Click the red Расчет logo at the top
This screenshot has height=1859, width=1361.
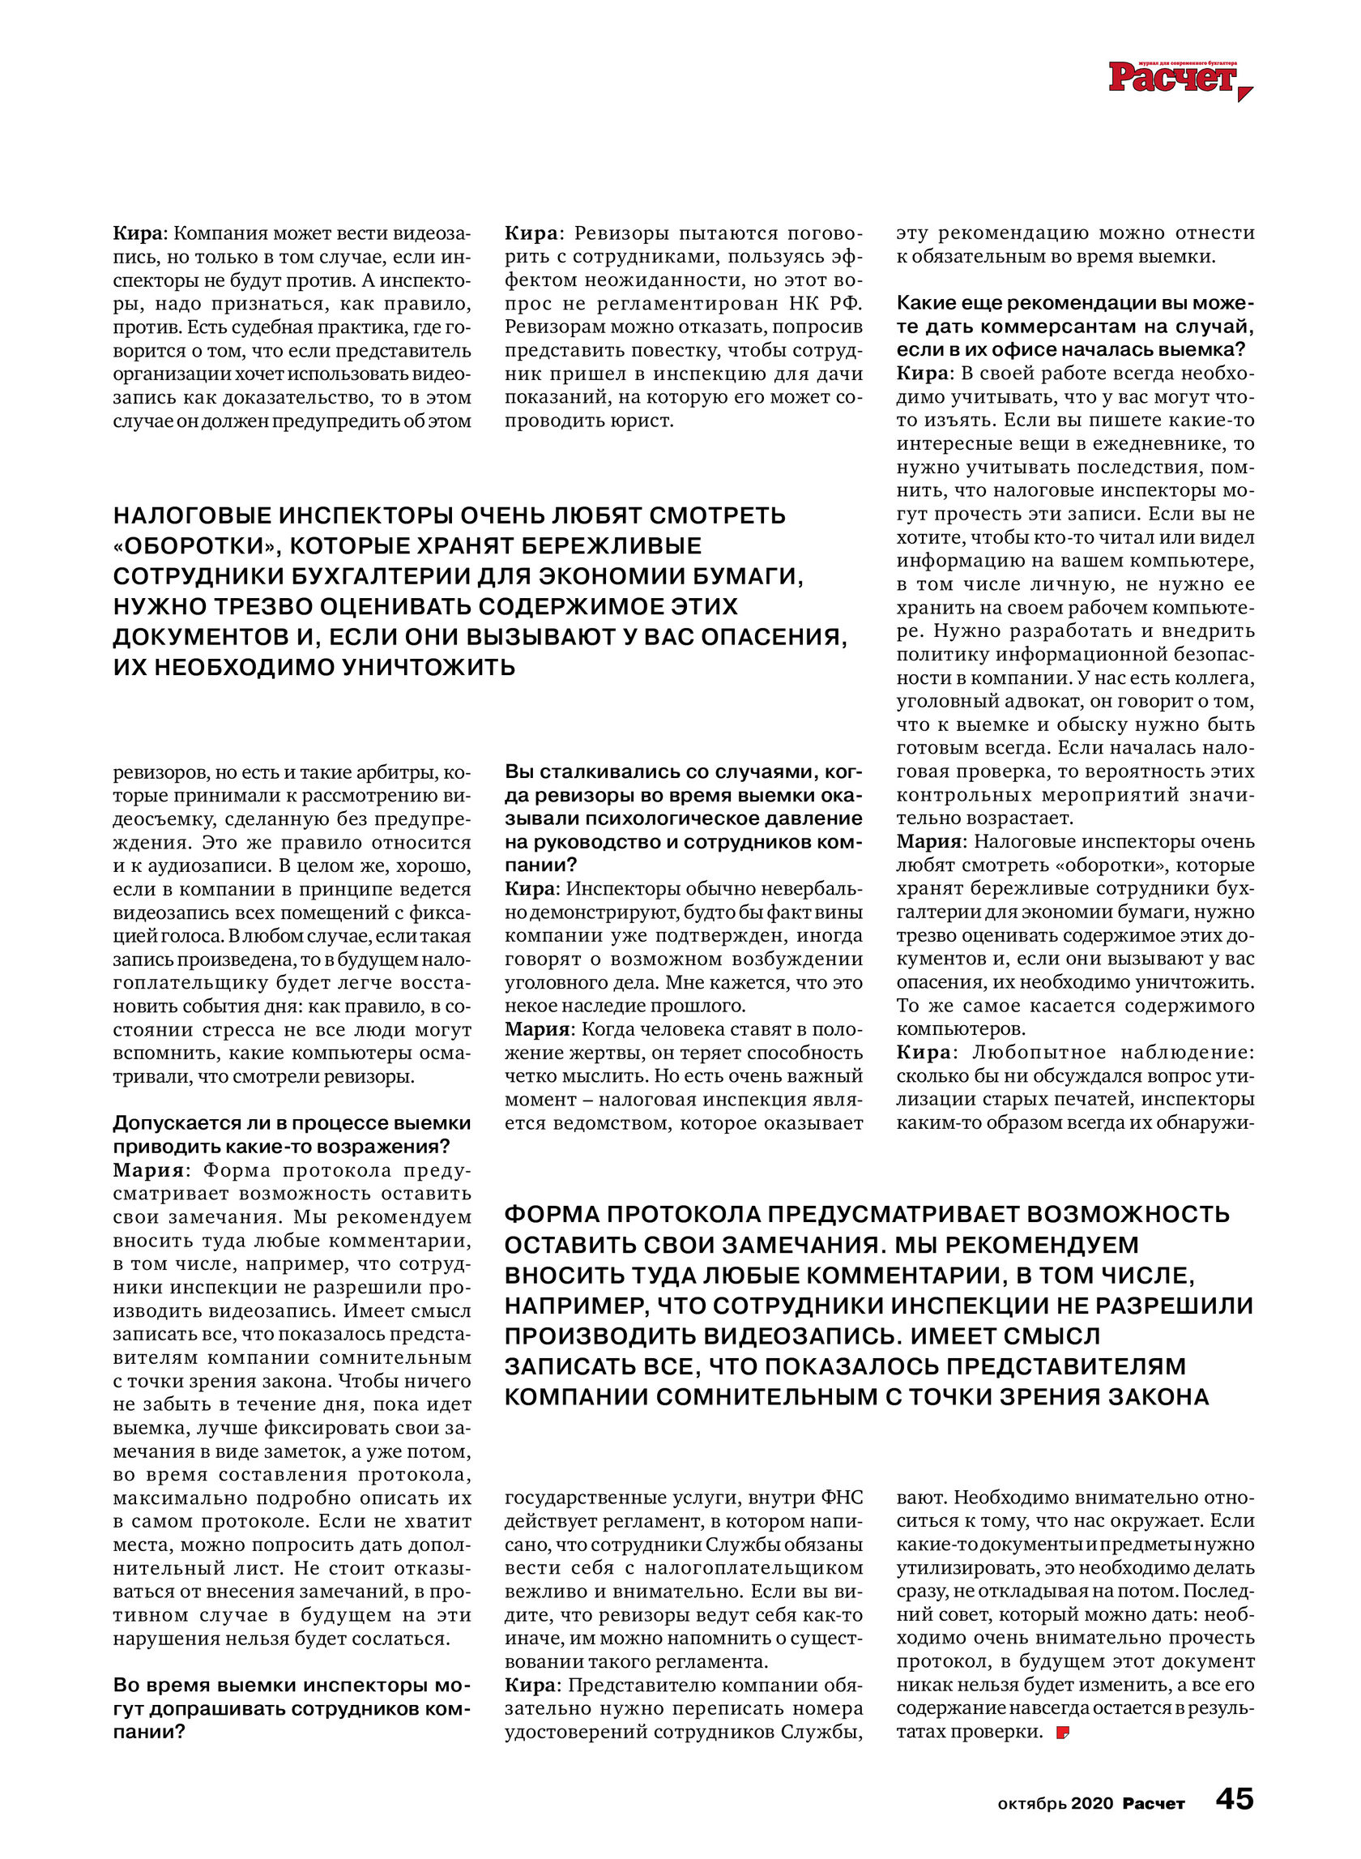1173,78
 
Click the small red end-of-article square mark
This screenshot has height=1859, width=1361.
1063,1732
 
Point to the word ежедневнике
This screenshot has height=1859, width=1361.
1146,444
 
